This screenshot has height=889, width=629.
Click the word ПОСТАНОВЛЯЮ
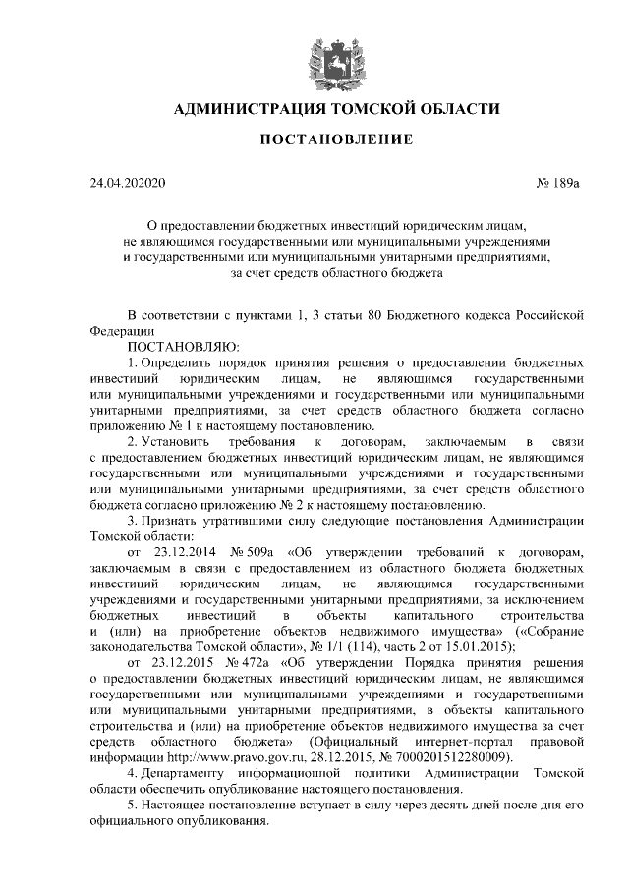[x=182, y=346]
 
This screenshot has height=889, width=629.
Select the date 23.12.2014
[x=180, y=552]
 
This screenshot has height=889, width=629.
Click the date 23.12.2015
[x=180, y=662]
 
